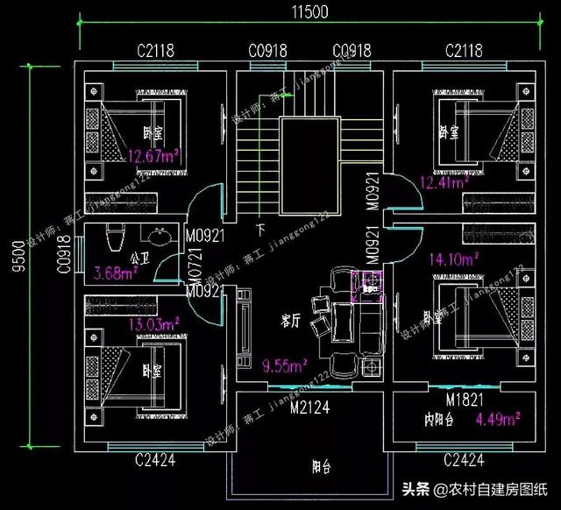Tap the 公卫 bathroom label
click(x=138, y=259)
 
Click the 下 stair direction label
click(x=261, y=230)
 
